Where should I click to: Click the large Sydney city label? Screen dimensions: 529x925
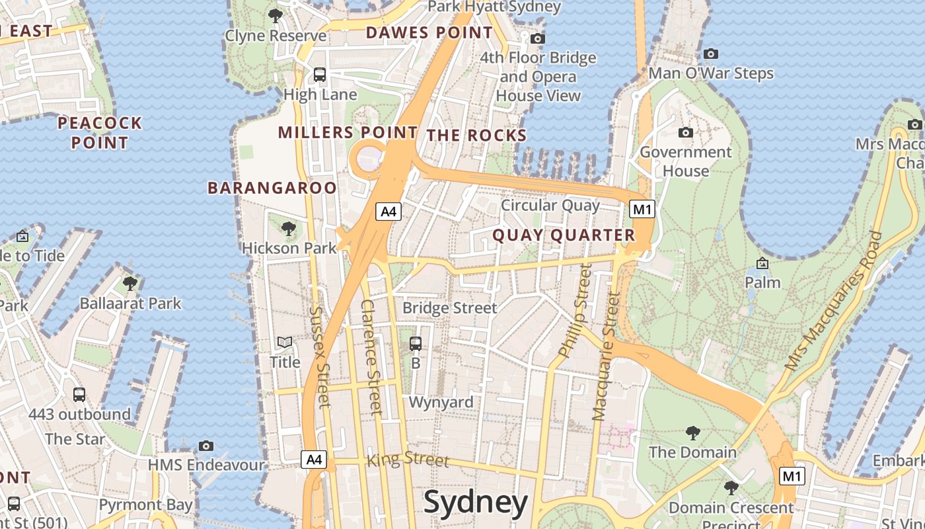click(476, 503)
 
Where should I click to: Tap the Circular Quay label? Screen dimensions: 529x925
click(550, 205)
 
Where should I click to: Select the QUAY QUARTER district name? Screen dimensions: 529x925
click(564, 235)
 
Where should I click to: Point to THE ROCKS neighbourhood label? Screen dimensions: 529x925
click(476, 136)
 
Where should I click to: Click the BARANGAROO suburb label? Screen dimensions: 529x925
click(272, 188)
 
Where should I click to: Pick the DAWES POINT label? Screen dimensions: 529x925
click(429, 32)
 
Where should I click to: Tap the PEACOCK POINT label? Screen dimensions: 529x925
click(100, 132)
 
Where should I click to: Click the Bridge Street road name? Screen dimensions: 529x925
click(449, 308)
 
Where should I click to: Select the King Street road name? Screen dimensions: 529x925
click(408, 458)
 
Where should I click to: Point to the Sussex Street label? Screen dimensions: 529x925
click(319, 357)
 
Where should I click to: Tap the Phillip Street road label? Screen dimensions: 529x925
click(572, 311)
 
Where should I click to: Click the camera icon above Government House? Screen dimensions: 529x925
click(686, 133)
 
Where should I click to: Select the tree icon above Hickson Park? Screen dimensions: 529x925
click(288, 229)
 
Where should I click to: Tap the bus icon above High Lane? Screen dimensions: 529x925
click(320, 75)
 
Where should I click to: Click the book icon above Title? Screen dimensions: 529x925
click(285, 343)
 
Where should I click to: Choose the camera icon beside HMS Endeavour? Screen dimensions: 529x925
click(206, 446)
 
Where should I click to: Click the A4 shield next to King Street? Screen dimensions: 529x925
click(314, 459)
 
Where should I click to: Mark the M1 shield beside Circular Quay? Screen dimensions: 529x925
click(642, 210)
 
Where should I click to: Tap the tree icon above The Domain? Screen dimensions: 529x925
click(692, 433)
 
